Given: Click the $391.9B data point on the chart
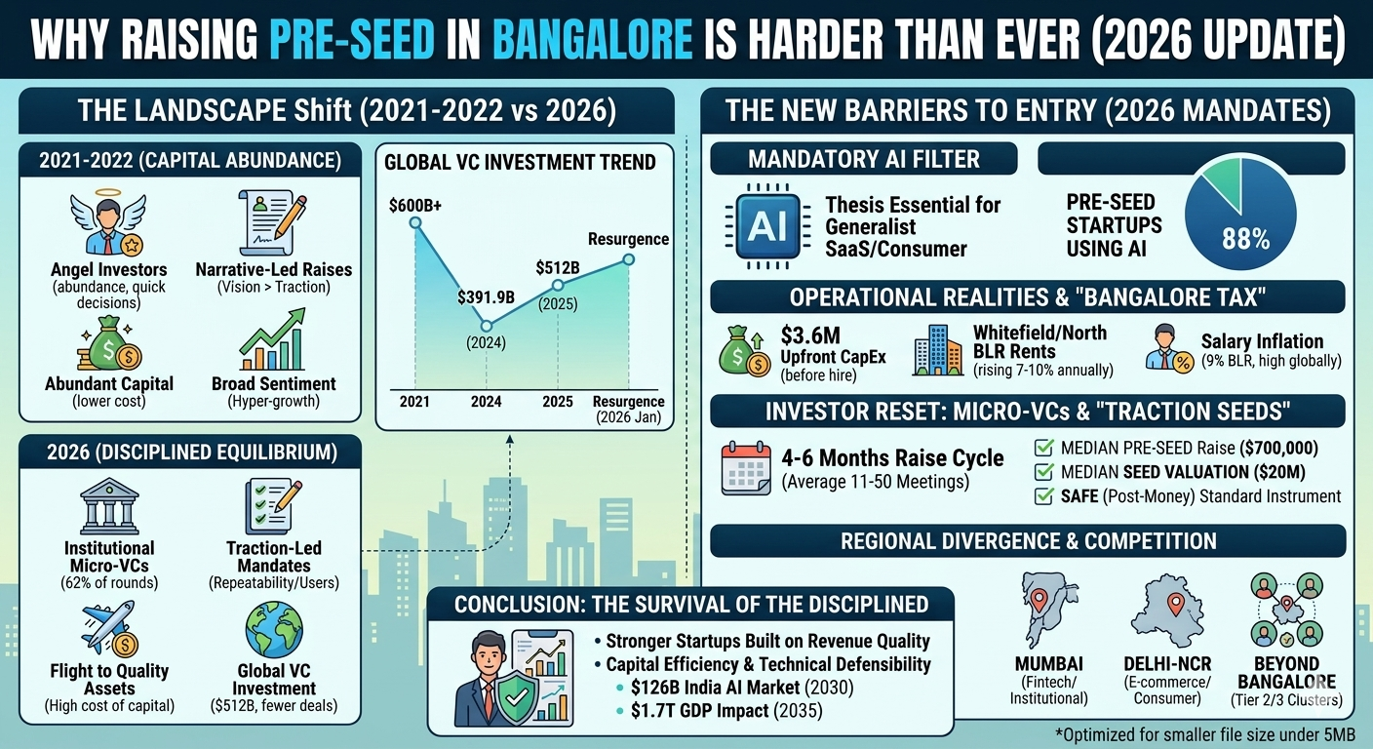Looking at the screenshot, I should point(486,326).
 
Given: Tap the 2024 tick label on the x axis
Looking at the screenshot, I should point(486,402).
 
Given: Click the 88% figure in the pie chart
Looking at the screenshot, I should point(1245,239).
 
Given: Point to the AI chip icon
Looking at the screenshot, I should point(766,223).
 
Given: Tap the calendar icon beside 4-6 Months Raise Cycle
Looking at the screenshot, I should point(746,469).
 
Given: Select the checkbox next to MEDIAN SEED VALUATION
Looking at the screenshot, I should point(1042,472).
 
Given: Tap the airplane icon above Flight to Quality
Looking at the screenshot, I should point(108,629).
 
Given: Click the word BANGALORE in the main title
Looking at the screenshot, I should point(594,44).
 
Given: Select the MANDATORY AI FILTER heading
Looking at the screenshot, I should point(864,158).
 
